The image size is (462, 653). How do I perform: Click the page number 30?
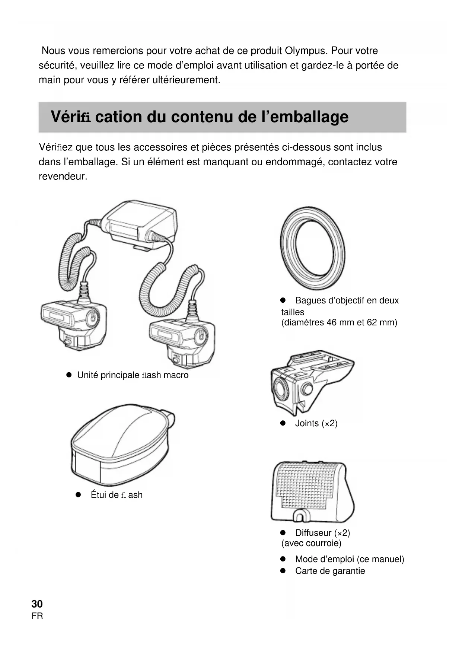[x=37, y=603]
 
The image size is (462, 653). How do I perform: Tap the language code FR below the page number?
[x=37, y=616]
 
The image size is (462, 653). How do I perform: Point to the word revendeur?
[x=63, y=176]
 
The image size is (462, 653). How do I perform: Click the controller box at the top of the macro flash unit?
[x=140, y=223]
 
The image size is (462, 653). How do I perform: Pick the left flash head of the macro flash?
[x=73, y=324]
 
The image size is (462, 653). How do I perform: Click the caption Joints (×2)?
[x=316, y=423]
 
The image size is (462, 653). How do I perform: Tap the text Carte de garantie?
[x=330, y=571]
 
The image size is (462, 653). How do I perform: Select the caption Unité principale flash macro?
[x=133, y=375]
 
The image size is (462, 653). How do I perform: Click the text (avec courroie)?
[x=311, y=543]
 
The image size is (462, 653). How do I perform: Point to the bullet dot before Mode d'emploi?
[x=283, y=559]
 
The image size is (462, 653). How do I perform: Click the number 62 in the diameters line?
[x=372, y=322]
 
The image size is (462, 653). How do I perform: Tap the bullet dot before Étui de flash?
[x=78, y=495]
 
